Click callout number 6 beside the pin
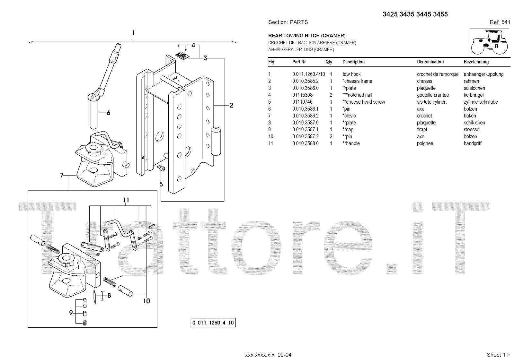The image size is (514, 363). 109,113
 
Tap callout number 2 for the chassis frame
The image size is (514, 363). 231,105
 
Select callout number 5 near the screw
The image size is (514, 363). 161,184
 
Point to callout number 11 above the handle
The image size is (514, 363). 126,200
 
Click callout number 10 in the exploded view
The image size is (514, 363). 146,301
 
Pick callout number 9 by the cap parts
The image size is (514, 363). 71,312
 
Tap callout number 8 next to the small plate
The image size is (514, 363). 109,295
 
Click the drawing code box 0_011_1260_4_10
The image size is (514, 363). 213,323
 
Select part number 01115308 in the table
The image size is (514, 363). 302,95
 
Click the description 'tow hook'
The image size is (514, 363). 351,74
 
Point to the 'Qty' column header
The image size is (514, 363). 329,62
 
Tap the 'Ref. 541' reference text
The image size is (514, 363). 500,22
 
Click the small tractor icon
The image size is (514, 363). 490,42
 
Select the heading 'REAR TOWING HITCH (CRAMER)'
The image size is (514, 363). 307,36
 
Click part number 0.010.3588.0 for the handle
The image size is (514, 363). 305,143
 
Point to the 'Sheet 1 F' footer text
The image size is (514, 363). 498,355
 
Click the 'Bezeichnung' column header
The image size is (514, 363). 476,62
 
